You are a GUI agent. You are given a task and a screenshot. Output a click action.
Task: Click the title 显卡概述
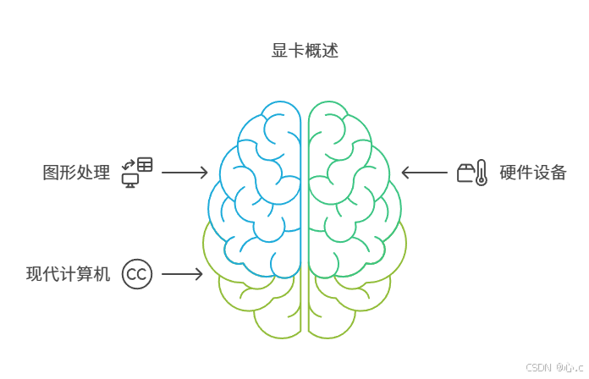305,52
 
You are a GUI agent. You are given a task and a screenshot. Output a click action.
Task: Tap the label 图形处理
76,173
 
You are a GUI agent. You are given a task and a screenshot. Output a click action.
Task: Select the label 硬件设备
532,173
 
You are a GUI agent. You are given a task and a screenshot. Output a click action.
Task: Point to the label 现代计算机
68,274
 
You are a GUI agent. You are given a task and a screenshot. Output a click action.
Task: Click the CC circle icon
137,274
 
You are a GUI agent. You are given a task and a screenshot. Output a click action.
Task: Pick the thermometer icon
481,173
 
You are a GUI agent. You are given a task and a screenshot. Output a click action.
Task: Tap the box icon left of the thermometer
465,173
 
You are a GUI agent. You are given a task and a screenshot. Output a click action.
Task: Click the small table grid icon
146,165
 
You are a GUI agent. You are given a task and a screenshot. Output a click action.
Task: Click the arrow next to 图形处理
184,173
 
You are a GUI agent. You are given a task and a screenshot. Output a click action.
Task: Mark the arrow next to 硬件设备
424,173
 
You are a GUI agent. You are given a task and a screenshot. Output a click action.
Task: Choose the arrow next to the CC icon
182,274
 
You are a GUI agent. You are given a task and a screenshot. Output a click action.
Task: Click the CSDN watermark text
553,367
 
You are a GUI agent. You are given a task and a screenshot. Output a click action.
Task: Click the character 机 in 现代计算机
102,274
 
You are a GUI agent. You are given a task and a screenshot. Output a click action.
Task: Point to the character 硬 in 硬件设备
507,173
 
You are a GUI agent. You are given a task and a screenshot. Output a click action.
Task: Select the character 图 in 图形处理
51,173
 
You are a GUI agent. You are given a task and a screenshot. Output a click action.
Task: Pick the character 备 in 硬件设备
558,173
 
